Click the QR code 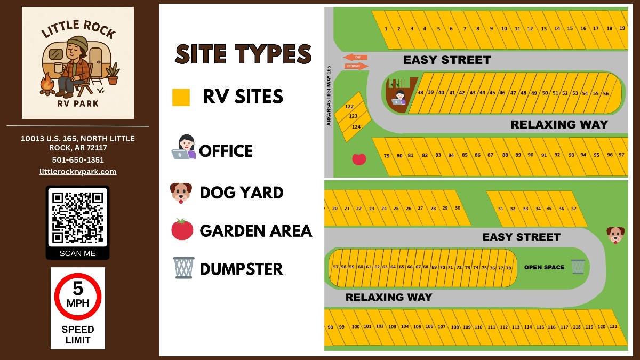click(x=77, y=217)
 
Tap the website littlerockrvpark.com click(x=78, y=172)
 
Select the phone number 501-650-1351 click(x=78, y=160)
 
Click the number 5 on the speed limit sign click(x=78, y=289)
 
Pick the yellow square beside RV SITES click(x=181, y=97)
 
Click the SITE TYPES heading click(x=243, y=54)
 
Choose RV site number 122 click(x=349, y=107)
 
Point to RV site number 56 click(x=606, y=94)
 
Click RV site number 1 click(x=385, y=29)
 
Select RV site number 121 click(x=613, y=326)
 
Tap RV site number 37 click(x=574, y=209)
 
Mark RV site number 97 click(x=621, y=155)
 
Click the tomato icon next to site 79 click(x=359, y=158)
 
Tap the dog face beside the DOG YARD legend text click(x=181, y=193)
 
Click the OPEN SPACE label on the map click(x=544, y=267)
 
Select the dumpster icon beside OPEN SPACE click(x=578, y=267)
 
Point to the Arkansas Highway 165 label click(x=329, y=96)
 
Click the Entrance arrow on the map click(x=356, y=67)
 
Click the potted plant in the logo click(x=113, y=74)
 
